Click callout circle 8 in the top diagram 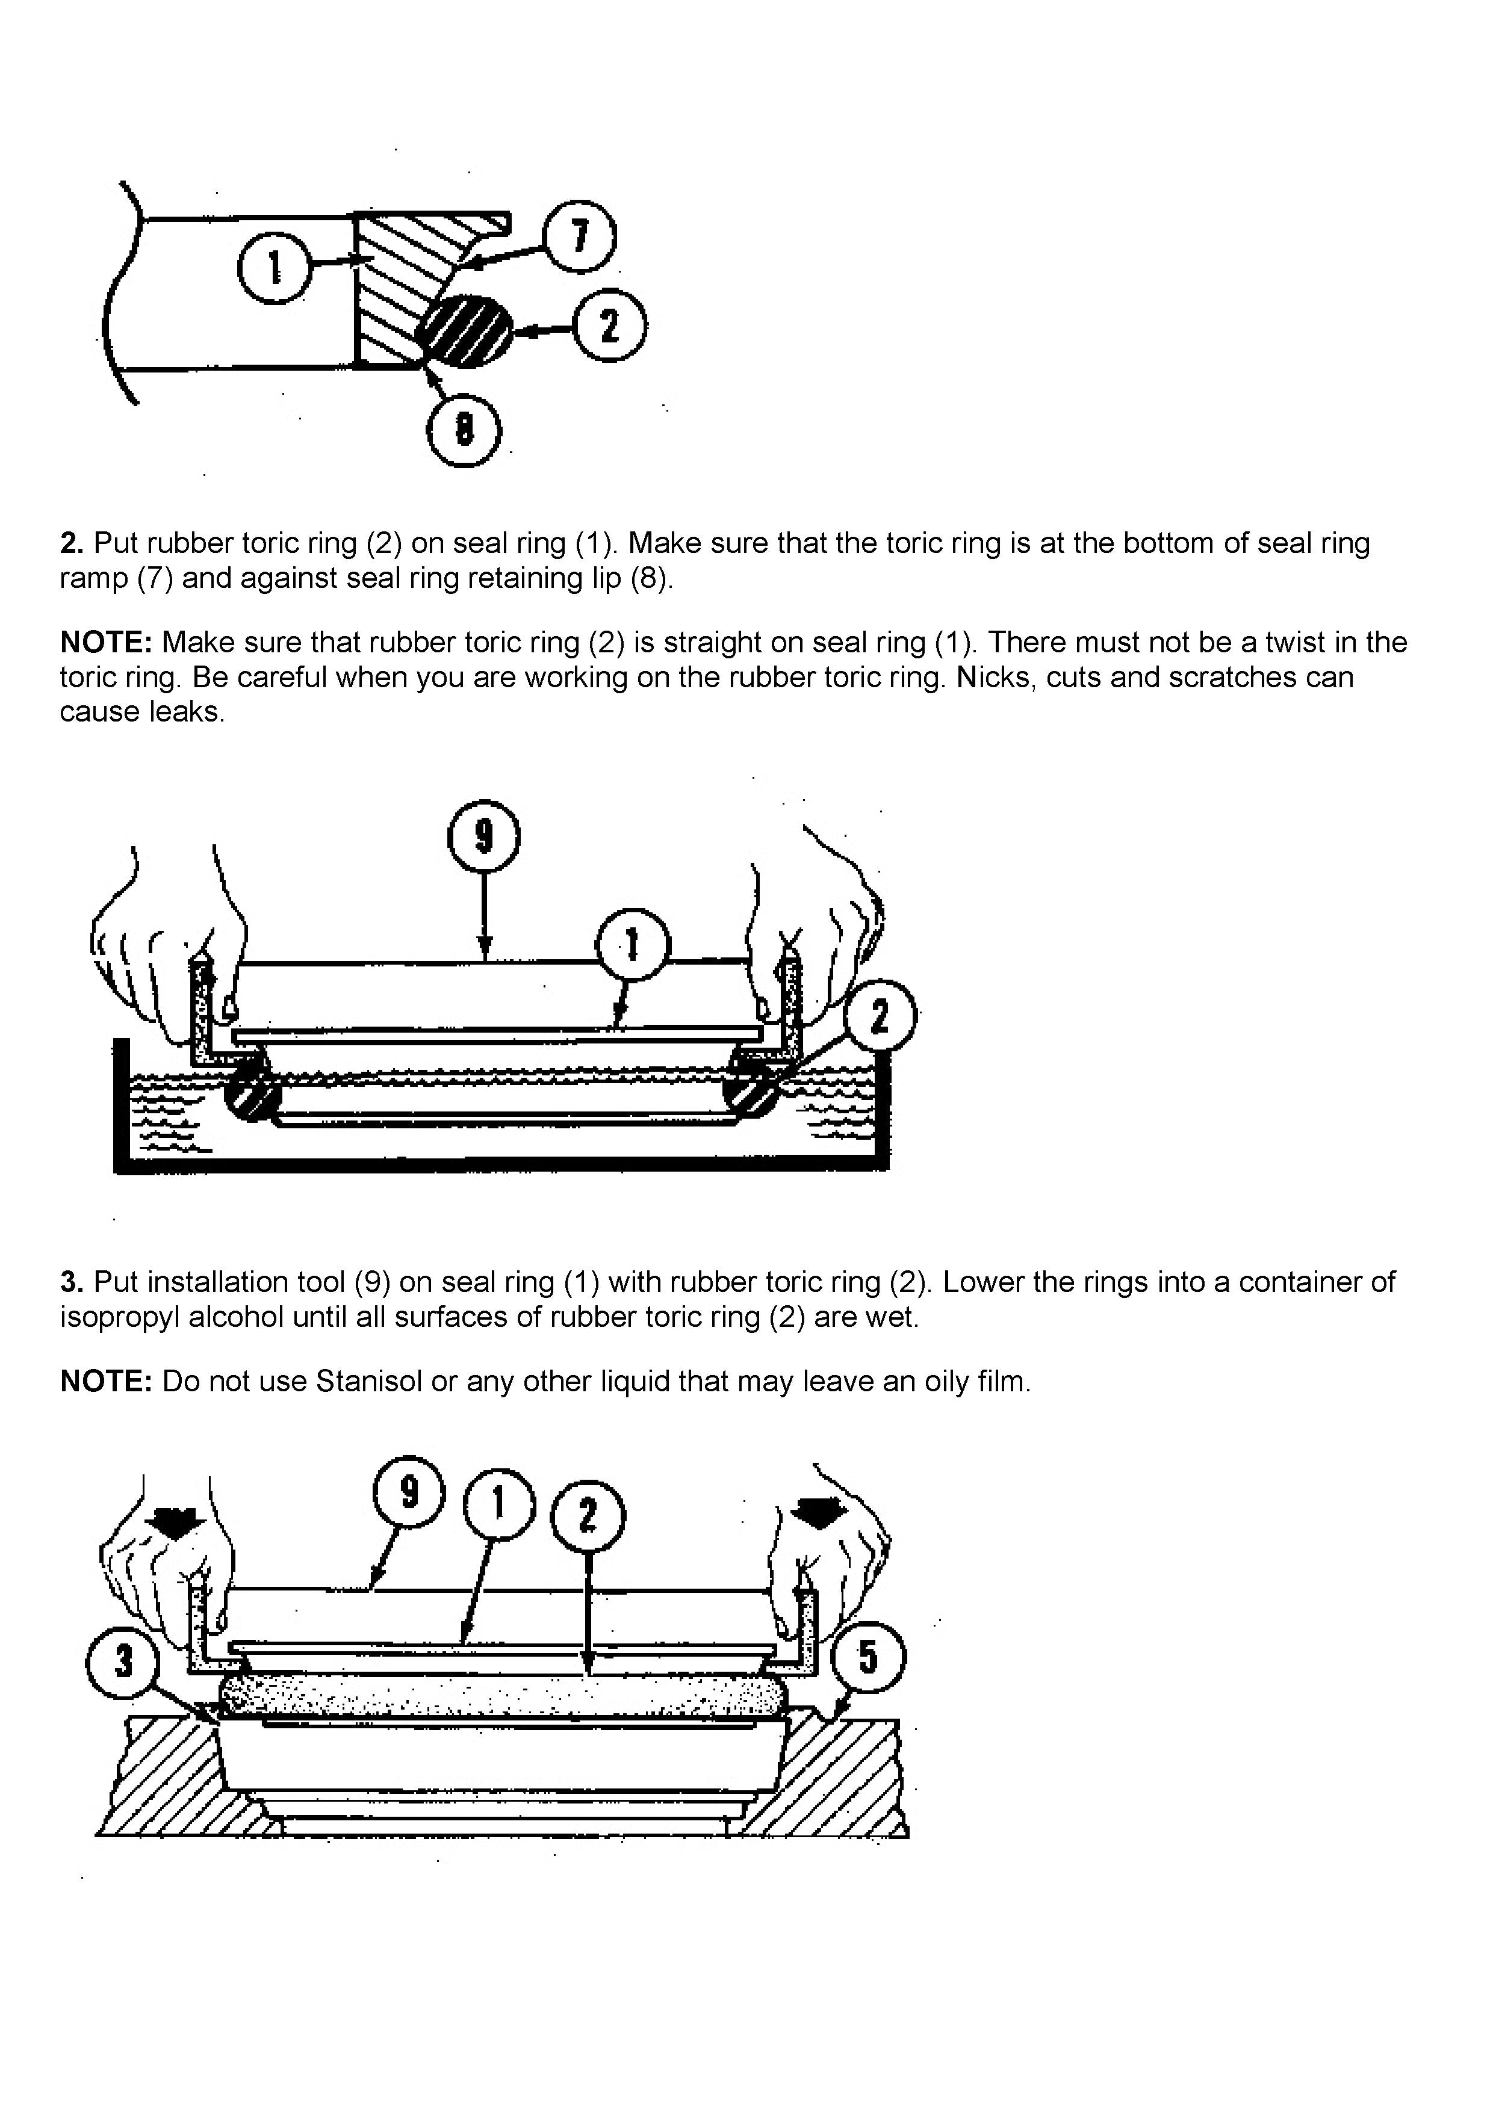[x=465, y=428]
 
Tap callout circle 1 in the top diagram [x=274, y=267]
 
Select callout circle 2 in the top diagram [x=609, y=326]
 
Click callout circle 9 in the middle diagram [x=484, y=836]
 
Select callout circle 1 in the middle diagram [x=633, y=945]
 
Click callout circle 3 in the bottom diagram [x=123, y=1660]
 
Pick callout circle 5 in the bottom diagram [x=868, y=1656]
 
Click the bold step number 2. [x=72, y=543]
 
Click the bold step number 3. [x=72, y=1282]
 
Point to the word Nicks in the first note [x=989, y=678]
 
